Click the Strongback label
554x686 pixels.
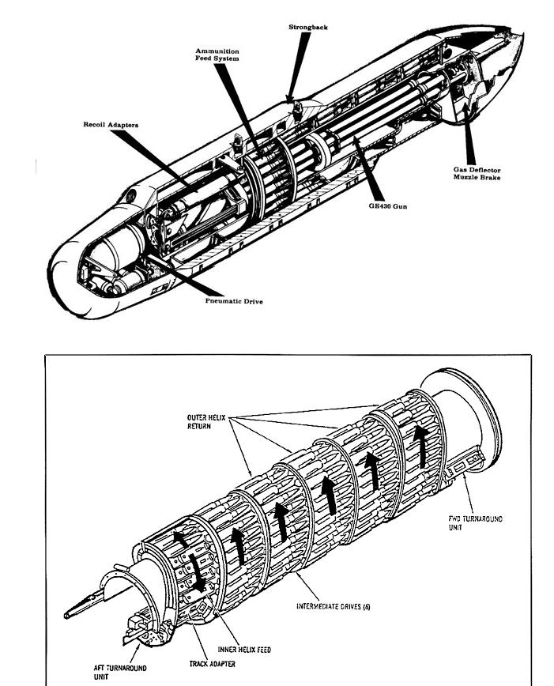click(307, 28)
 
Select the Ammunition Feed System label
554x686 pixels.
click(217, 55)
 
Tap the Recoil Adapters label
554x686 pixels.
click(113, 124)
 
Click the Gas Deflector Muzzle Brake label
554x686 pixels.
click(477, 174)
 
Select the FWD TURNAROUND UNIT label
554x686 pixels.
click(475, 523)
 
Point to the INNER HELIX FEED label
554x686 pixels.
click(244, 649)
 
